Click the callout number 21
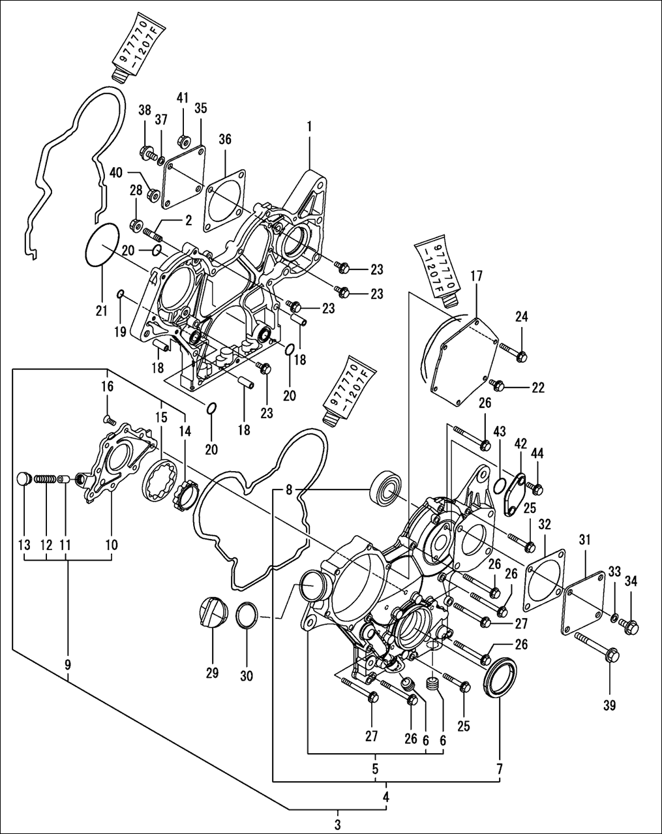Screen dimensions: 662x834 click(x=101, y=311)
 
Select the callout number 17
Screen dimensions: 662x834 click(x=477, y=276)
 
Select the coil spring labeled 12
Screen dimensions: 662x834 click(x=45, y=480)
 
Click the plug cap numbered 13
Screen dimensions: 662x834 click(x=24, y=478)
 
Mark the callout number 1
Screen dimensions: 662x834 click(x=309, y=127)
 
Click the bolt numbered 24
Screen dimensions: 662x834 click(x=513, y=350)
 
